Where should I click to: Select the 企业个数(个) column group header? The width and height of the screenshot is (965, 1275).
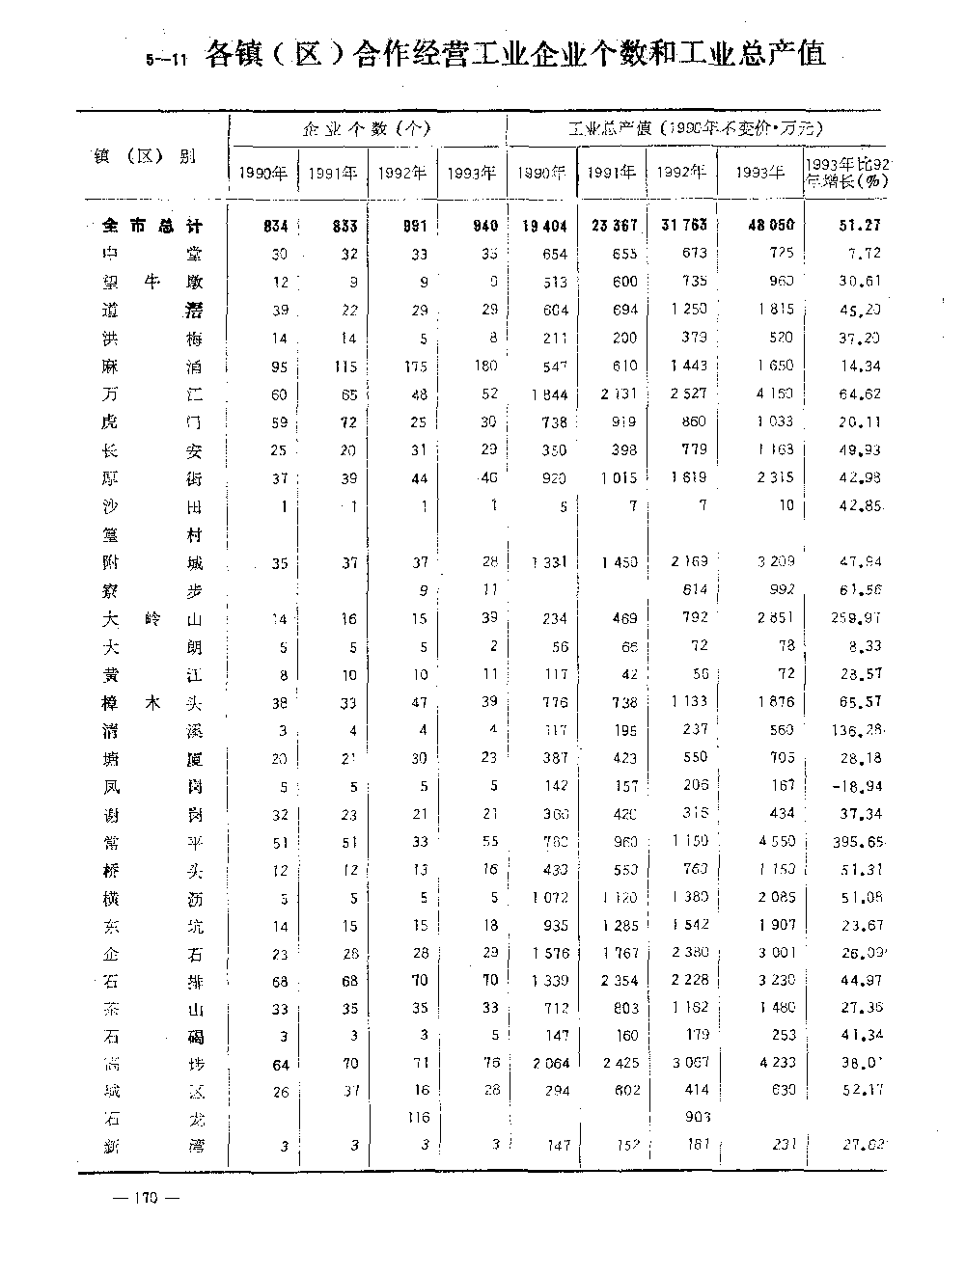point(367,128)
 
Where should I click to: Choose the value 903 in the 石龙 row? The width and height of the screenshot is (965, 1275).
point(696,1119)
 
